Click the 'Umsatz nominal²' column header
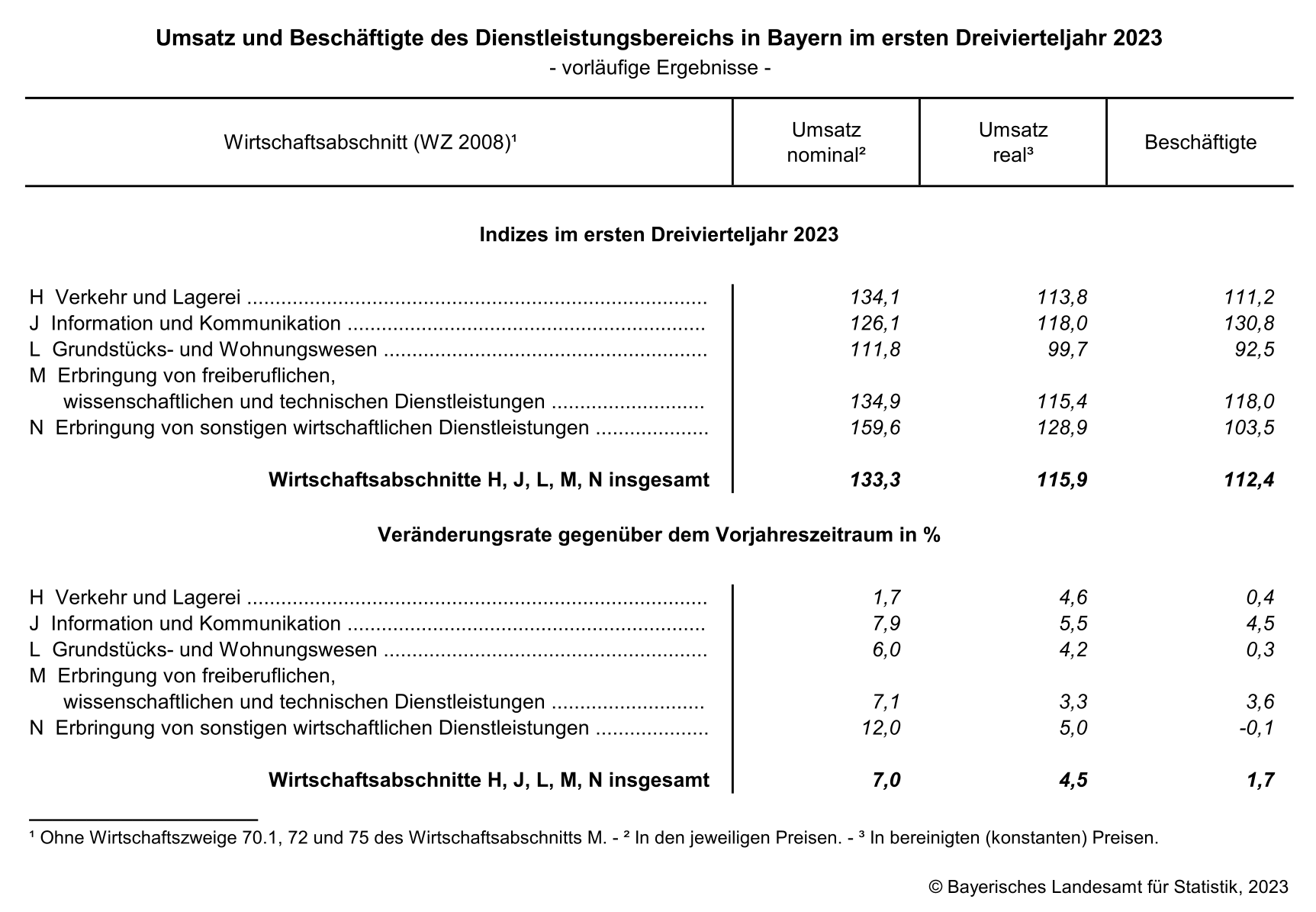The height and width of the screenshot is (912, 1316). [825, 142]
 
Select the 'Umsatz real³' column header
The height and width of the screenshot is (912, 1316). [1012, 142]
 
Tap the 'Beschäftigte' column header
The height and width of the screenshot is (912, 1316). [1200, 143]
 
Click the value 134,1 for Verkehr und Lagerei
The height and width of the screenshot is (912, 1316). [875, 297]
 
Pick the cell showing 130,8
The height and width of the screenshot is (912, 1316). [1249, 323]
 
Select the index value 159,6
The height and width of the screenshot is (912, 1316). [875, 427]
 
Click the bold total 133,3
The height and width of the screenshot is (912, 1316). [875, 479]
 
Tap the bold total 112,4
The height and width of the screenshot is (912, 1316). [1249, 479]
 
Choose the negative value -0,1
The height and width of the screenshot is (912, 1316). [1256, 727]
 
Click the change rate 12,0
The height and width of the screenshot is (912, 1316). [880, 727]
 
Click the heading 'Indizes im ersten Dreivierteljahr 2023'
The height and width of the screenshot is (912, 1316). [658, 234]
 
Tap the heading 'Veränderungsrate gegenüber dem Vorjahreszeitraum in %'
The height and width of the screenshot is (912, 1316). [658, 535]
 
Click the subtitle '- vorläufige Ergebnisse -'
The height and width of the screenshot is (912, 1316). [659, 68]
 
